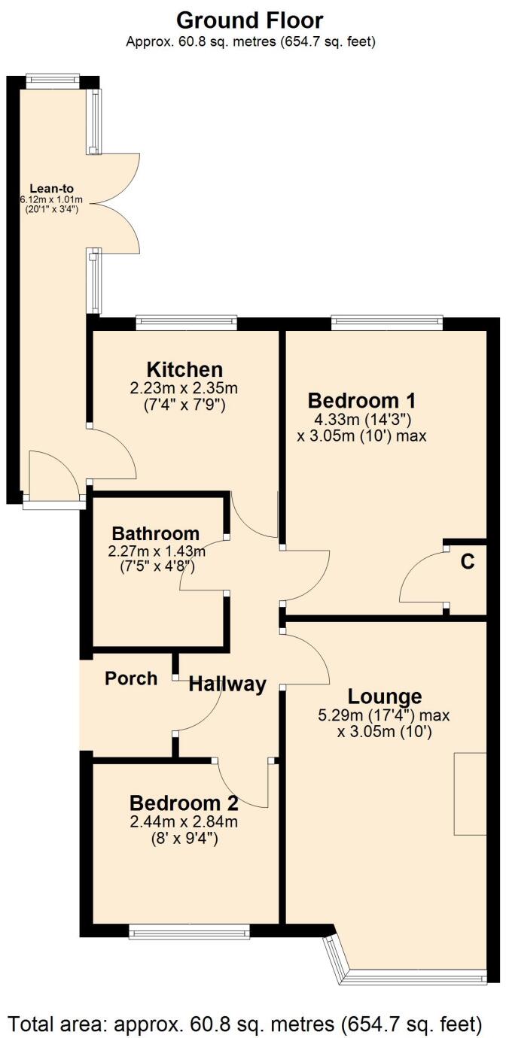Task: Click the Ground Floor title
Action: click(x=250, y=20)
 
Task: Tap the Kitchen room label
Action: click(x=184, y=369)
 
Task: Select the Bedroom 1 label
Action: click(x=361, y=399)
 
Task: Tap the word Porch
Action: click(x=131, y=678)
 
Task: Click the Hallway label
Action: click(x=227, y=684)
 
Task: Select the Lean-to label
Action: click(x=51, y=188)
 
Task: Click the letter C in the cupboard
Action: click(x=468, y=563)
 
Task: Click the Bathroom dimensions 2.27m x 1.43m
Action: click(x=157, y=551)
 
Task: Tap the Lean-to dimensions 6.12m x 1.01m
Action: click(x=51, y=199)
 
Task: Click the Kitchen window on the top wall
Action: click(x=186, y=323)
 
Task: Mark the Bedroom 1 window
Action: click(x=386, y=323)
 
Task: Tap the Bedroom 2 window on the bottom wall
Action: click(x=189, y=933)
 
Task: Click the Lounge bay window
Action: click(x=414, y=976)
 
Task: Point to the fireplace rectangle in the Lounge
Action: click(x=470, y=794)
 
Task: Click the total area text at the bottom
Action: click(x=245, y=1022)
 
